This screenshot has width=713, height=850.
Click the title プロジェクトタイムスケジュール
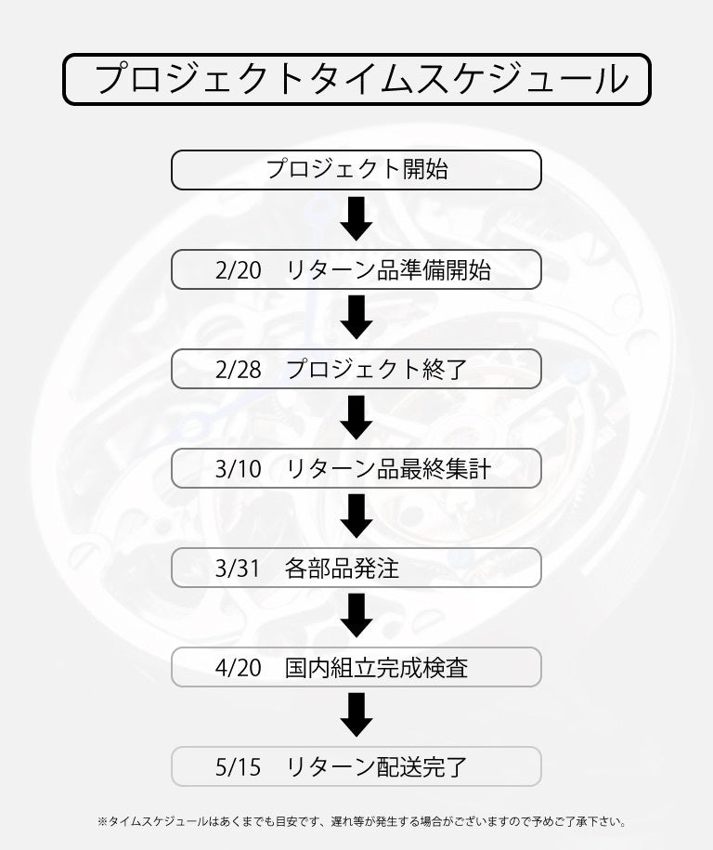click(356, 79)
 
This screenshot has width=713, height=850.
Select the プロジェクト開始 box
click(356, 170)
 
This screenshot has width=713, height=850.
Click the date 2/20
click(237, 270)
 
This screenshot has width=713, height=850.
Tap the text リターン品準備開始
click(388, 270)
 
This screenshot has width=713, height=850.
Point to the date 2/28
click(237, 370)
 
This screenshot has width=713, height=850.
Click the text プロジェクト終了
click(376, 370)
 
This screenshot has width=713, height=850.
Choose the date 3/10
click(237, 469)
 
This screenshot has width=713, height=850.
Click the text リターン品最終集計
click(388, 469)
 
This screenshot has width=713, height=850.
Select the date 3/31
click(237, 569)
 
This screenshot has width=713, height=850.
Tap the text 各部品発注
click(343, 569)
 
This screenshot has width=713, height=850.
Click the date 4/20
click(237, 668)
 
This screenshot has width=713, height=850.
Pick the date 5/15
click(237, 767)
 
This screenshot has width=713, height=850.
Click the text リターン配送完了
click(376, 767)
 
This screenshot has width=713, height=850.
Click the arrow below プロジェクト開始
click(356, 219)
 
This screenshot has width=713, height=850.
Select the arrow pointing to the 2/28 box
click(356, 319)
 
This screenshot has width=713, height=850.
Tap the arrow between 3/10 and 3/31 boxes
click(356, 517)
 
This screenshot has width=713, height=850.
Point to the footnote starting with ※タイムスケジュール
click(362, 822)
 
